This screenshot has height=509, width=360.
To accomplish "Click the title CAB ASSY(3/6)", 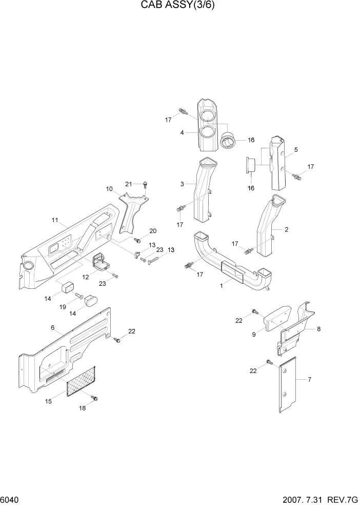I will point(180,7).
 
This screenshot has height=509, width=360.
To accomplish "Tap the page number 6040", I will point(10,500).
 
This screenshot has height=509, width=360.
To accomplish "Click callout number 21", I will point(129,184).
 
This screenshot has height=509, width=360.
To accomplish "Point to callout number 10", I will point(109,189).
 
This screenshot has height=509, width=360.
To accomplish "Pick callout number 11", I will point(54,220).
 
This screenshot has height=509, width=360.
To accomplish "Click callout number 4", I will point(182,132).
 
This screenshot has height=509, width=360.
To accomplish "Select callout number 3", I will point(182,184).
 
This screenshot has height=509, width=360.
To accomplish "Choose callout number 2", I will point(286,229).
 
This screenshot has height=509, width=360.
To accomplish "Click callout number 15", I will point(49,401).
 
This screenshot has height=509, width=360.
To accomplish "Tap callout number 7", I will point(309,379).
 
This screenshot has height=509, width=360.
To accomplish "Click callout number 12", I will point(86,278).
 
